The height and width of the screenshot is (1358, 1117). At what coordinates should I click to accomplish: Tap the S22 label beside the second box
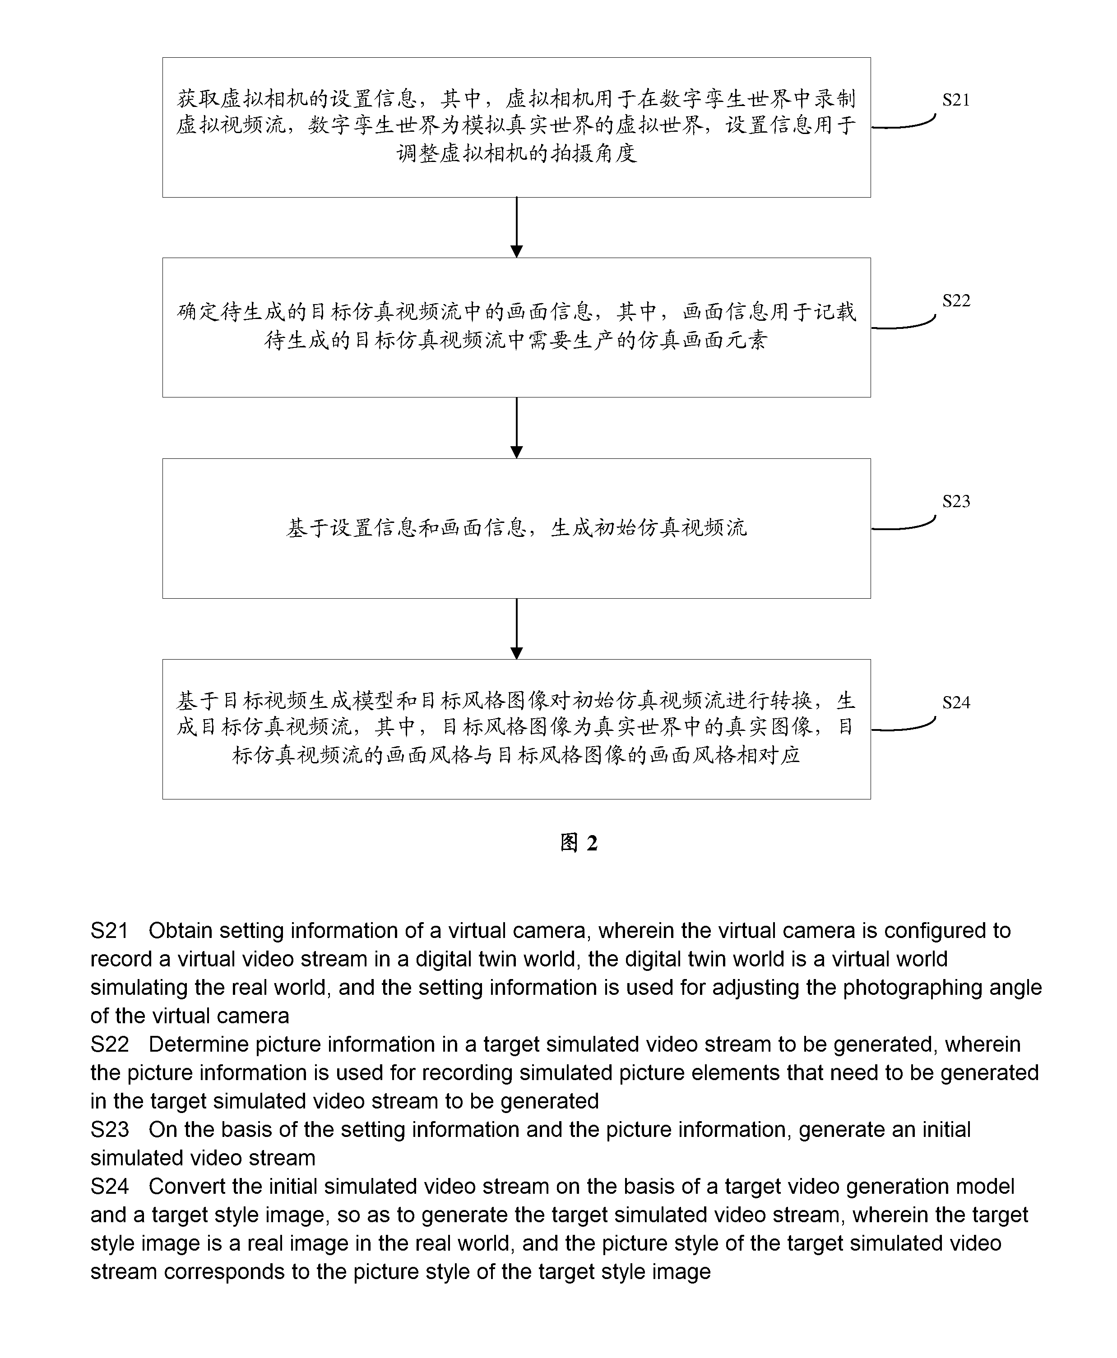pos(956,300)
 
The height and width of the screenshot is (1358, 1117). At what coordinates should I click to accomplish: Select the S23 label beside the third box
pos(956,501)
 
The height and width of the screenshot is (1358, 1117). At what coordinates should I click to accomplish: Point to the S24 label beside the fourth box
pos(956,702)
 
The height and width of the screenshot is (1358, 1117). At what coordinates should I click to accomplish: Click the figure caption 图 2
pos(579,843)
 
